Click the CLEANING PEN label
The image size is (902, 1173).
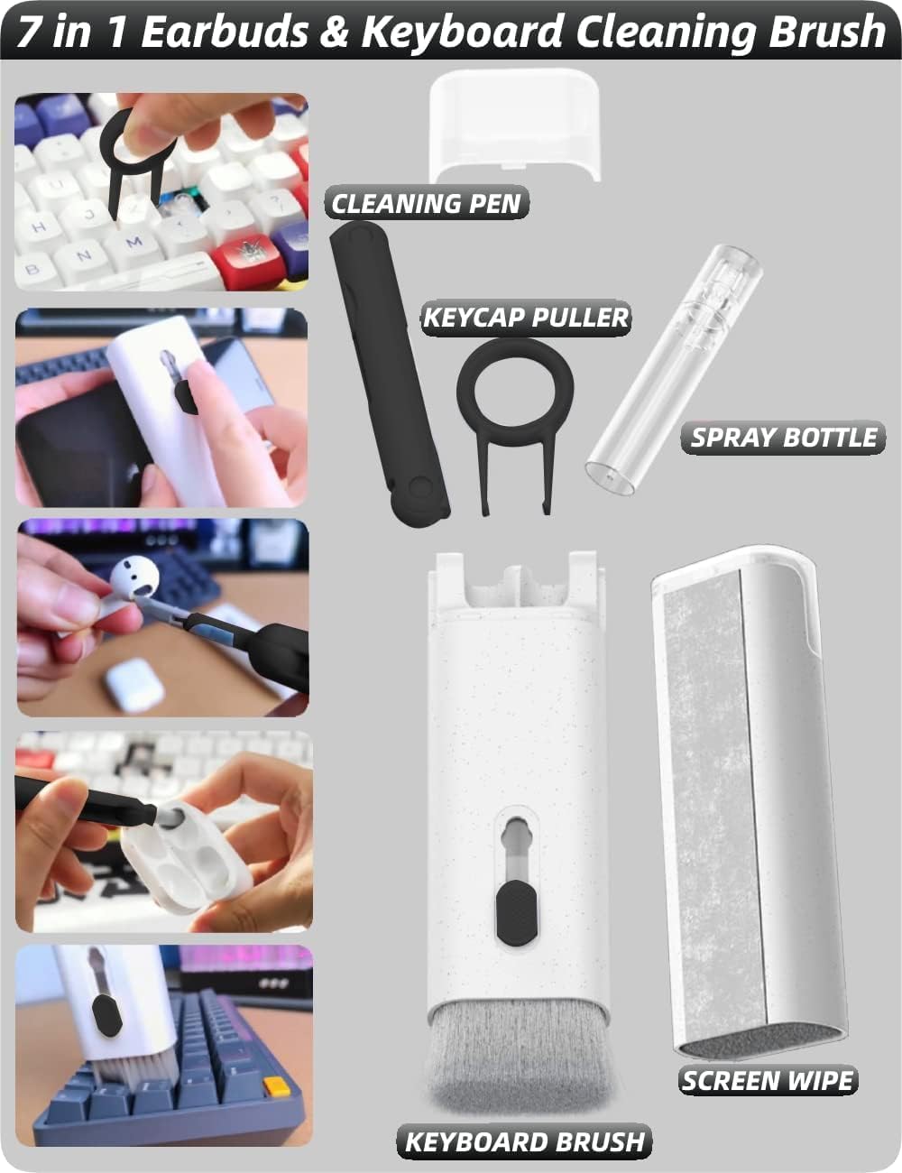coord(426,203)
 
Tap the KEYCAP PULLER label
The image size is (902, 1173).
coord(526,317)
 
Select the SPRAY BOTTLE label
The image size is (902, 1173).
coord(783,438)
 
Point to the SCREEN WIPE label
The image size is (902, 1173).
coord(768,1080)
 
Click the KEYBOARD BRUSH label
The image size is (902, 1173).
coord(524,1142)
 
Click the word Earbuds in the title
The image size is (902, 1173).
coord(225,32)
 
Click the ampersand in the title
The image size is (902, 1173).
coord(335,32)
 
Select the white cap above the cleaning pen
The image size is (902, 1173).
coord(515,125)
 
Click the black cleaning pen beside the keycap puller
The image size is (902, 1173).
coord(390,373)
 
